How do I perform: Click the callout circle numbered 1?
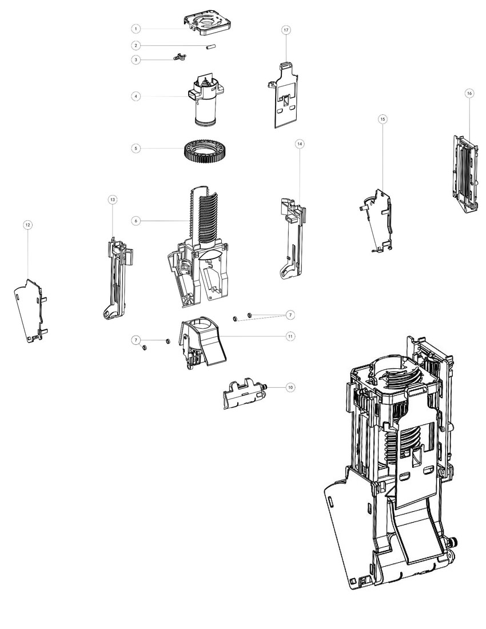click(x=136, y=28)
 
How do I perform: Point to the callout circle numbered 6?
click(x=136, y=221)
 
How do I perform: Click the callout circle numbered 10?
click(x=290, y=387)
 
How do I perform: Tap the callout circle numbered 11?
click(x=290, y=336)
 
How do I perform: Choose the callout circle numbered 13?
click(x=112, y=199)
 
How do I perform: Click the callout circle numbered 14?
click(x=299, y=144)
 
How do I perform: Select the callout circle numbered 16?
click(x=469, y=93)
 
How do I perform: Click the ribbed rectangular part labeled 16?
click(x=464, y=172)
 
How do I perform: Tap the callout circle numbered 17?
click(x=286, y=30)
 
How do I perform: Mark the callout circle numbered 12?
click(x=27, y=225)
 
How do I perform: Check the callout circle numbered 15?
click(x=383, y=118)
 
